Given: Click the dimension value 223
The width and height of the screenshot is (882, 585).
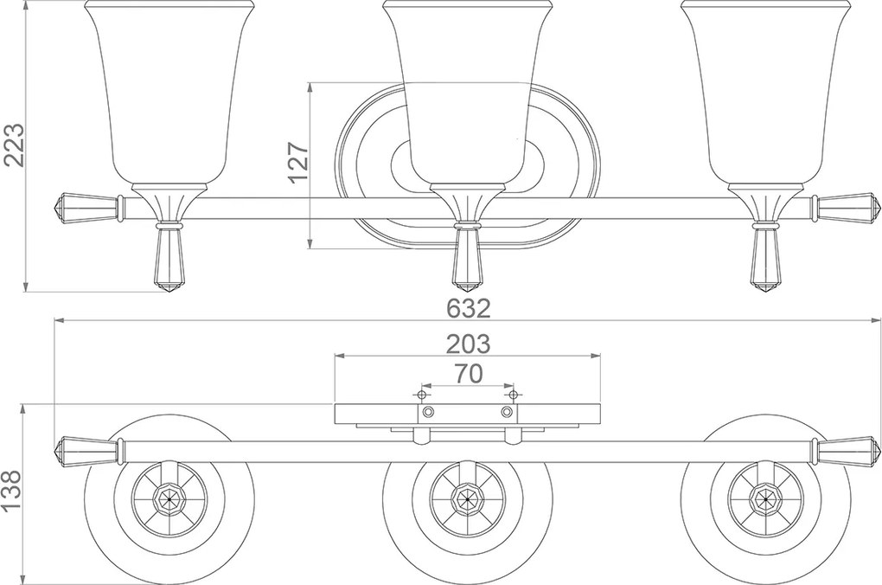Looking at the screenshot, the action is tap(14, 145).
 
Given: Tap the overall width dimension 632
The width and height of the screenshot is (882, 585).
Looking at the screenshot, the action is tap(468, 308).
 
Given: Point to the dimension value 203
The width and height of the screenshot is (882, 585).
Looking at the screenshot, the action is tap(468, 344).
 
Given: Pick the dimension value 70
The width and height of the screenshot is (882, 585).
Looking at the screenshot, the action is tap(468, 373).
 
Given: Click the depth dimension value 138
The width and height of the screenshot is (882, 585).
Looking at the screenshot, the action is tap(12, 491).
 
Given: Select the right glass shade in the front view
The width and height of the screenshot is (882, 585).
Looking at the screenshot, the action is tap(765, 93).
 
